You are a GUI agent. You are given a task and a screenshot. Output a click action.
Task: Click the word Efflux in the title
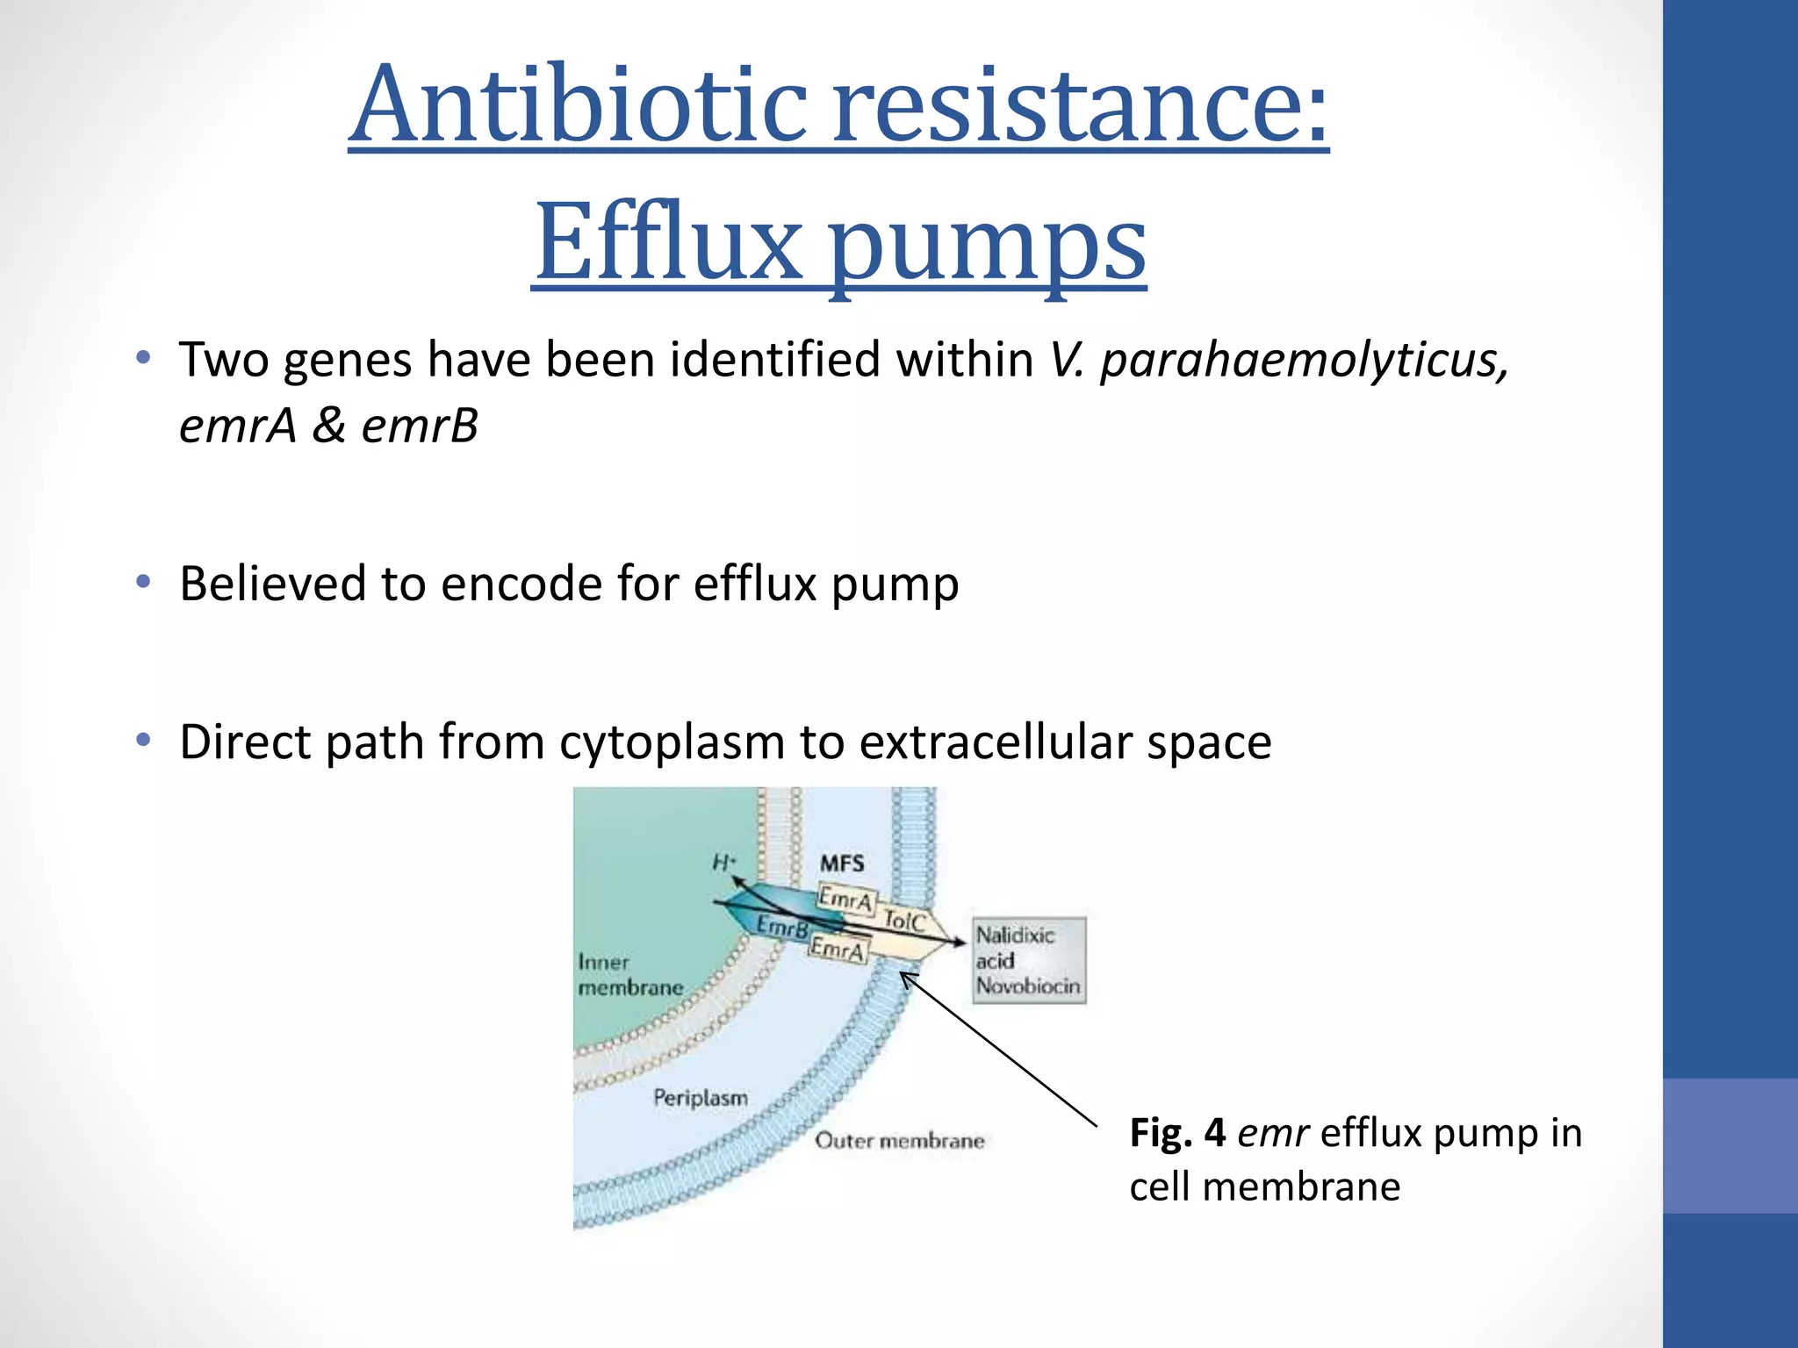click(667, 241)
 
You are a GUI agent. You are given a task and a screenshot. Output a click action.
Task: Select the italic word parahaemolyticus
click(1305, 362)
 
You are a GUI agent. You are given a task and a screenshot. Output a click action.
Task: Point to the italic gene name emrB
click(420, 427)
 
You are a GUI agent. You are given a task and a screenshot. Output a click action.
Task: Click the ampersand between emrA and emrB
click(328, 427)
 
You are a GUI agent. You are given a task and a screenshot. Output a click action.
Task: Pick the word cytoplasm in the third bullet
click(672, 743)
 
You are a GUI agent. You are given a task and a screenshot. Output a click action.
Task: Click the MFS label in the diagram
click(842, 864)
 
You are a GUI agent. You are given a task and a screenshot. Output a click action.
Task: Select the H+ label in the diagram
click(723, 864)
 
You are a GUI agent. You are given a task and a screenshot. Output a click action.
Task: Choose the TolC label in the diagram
click(904, 921)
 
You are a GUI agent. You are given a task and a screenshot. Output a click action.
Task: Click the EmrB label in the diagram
click(781, 927)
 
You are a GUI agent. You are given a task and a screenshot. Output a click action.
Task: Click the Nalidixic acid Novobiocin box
click(1028, 960)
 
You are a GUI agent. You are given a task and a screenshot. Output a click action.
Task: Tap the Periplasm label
click(701, 1098)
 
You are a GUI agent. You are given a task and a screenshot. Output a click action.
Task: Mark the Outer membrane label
click(899, 1141)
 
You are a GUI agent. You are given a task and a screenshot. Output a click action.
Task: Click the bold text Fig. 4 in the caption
click(1176, 1133)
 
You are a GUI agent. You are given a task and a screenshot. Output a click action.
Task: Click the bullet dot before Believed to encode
click(144, 582)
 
